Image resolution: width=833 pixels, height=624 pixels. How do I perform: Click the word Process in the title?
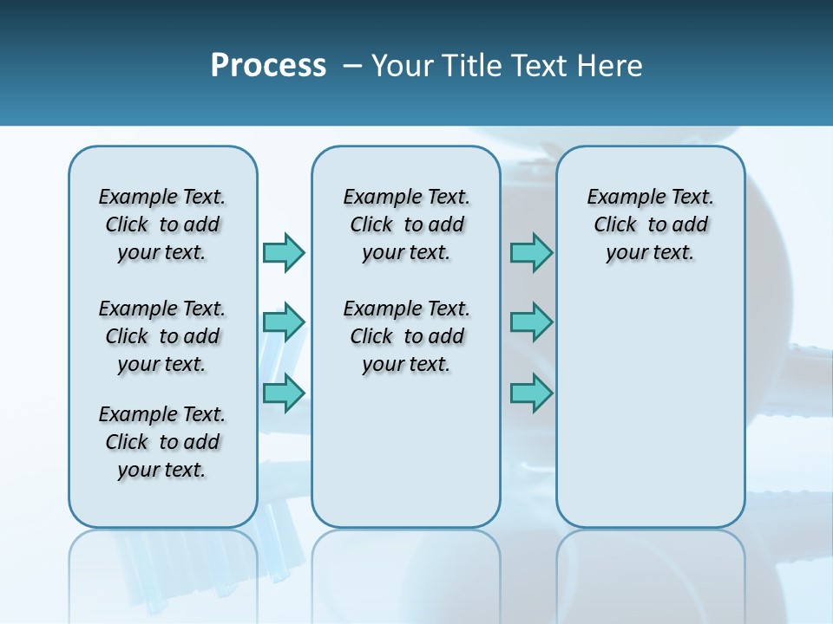[268, 66]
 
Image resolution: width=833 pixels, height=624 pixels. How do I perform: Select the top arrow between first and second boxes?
[284, 252]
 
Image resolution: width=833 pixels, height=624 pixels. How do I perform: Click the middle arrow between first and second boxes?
[284, 322]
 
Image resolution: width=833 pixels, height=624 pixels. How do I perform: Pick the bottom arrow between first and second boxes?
[284, 393]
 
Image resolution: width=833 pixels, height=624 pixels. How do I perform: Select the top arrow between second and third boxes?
[531, 252]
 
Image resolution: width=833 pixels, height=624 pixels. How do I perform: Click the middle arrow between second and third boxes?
[531, 322]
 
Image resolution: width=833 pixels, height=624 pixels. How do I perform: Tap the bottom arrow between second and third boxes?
[531, 393]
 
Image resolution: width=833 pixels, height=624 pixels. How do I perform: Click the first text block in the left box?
[162, 224]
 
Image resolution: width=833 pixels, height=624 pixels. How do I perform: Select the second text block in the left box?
[162, 336]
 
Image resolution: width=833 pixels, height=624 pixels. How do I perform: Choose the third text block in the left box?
[162, 442]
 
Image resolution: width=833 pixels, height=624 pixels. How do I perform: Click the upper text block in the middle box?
[406, 224]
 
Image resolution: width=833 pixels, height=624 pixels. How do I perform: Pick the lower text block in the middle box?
[406, 336]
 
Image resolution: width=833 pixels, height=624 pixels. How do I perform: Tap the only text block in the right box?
[650, 224]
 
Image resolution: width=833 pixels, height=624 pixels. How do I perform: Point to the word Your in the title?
[402, 66]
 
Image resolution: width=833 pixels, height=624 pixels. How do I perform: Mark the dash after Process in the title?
[352, 67]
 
